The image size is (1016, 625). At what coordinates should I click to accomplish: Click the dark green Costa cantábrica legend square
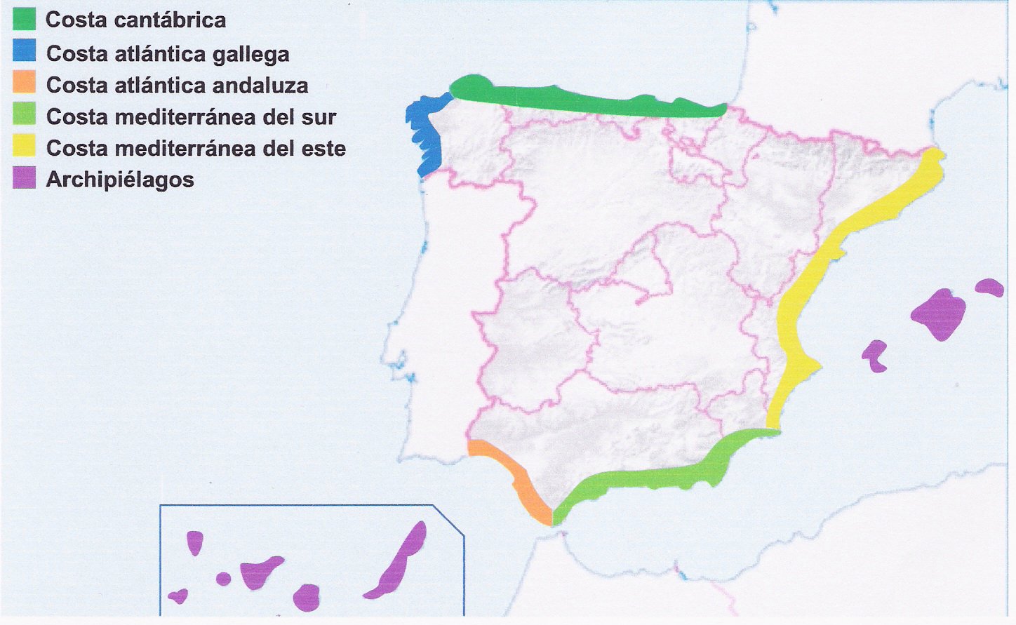24,19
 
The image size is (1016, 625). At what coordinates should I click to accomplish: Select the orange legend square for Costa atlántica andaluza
24,83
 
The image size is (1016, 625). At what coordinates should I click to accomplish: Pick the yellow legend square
24,147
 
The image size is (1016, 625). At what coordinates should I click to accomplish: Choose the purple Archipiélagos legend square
24,178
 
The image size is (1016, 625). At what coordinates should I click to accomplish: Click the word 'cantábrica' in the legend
170,20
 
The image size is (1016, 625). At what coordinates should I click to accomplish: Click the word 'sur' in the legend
319,117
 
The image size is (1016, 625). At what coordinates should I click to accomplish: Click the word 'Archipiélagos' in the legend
120,180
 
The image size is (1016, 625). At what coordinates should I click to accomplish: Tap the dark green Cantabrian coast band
582,98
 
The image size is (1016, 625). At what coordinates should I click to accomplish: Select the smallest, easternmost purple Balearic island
990,287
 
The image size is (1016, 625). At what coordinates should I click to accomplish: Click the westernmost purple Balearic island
874,355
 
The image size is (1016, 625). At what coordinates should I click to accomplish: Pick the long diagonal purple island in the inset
399,561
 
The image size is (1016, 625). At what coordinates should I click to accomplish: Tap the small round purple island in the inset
223,579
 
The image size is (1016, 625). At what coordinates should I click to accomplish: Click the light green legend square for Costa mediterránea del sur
24,114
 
